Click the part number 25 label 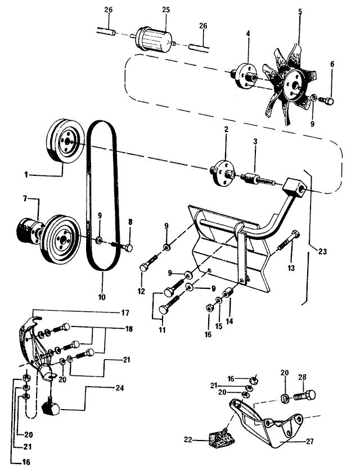click(x=165, y=10)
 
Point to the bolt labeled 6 click(x=328, y=101)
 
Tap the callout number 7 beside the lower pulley click(x=25, y=199)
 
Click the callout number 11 click(x=162, y=330)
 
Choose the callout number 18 click(x=129, y=329)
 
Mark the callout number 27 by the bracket click(x=309, y=442)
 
